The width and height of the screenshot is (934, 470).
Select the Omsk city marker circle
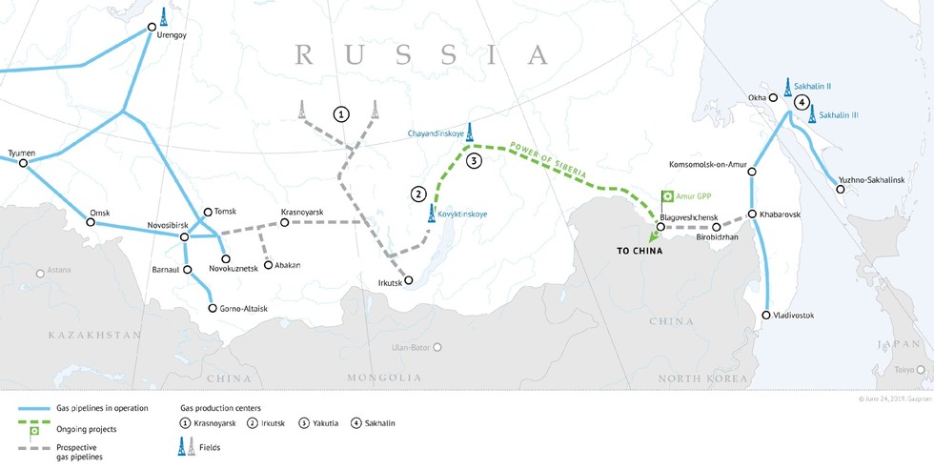coord(91,222)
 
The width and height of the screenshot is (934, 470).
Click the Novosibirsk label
coord(146,226)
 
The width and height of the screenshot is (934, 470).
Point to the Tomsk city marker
coord(208,212)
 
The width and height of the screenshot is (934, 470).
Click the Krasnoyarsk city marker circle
coord(285,222)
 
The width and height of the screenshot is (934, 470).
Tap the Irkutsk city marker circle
coord(408,280)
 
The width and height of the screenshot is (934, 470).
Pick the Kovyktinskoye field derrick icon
coord(432,213)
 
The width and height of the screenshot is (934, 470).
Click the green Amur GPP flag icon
coord(667,196)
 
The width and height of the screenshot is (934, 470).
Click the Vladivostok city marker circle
coord(767,315)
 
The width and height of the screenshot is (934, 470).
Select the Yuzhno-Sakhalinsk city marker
coord(840,190)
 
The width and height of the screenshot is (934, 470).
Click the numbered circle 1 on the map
coord(340,113)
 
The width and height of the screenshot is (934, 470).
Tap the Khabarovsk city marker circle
coord(752,215)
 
